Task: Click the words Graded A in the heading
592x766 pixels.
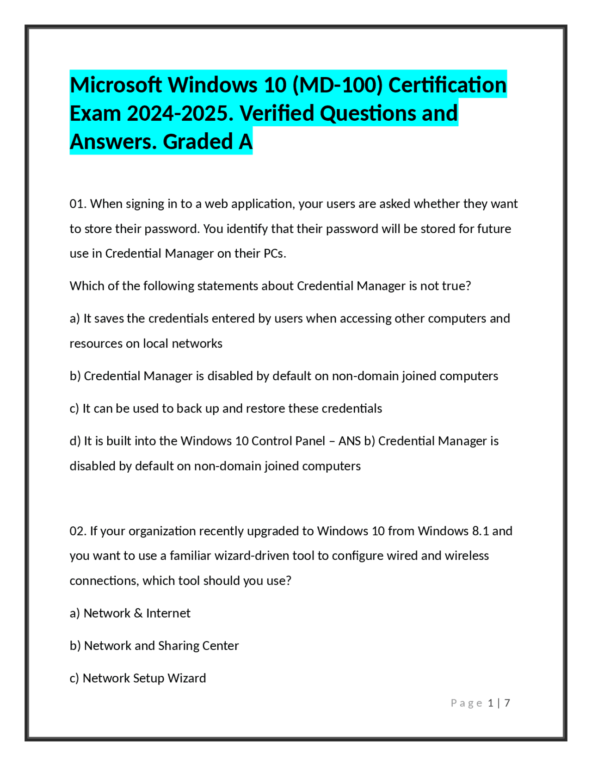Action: [208, 142]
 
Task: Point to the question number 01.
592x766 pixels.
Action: [78, 204]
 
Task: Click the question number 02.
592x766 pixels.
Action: [78, 531]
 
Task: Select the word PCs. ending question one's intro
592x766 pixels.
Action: [275, 253]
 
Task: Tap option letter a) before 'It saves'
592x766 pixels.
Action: [74, 319]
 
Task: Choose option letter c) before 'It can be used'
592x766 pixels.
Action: [74, 408]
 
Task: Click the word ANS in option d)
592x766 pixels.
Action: [350, 441]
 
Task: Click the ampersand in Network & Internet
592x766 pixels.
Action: [138, 613]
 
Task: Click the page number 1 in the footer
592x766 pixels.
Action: [491, 703]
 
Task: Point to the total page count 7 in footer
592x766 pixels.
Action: [507, 703]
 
